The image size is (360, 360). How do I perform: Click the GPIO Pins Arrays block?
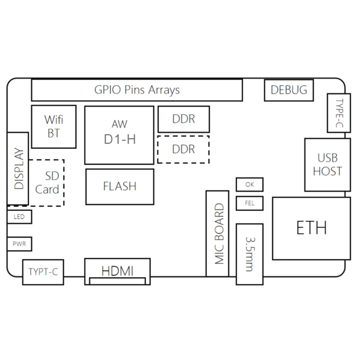point(137,90)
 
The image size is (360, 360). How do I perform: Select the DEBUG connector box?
point(288,90)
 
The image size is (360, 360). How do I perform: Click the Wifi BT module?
point(54,126)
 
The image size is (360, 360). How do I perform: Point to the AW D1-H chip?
point(119,135)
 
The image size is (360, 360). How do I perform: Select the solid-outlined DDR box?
point(184,119)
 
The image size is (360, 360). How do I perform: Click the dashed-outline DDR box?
point(184,149)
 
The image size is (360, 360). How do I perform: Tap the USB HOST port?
point(327,165)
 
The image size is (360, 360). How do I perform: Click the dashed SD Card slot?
point(47,183)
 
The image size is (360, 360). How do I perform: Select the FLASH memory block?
point(120,186)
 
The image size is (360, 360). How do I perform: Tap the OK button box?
point(249,184)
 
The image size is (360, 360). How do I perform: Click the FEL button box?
point(249,203)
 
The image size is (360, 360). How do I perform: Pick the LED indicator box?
point(19,217)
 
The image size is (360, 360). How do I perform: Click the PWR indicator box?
point(19,244)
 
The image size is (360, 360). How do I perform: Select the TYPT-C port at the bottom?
point(43,272)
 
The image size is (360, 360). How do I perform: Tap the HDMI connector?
point(117,271)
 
